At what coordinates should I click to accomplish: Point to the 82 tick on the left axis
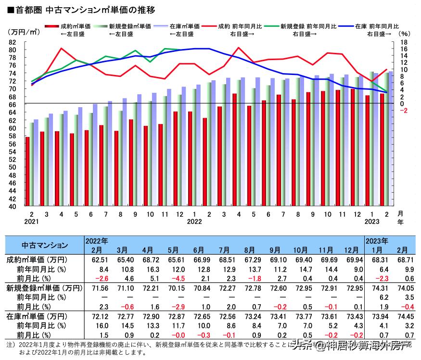13,42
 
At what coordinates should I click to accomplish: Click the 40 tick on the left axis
13,207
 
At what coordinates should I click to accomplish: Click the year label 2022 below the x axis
194,222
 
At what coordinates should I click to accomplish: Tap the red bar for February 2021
27,171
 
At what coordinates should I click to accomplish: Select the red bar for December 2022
352,147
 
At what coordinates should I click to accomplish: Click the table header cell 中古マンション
45,245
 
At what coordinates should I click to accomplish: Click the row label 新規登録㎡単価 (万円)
44,288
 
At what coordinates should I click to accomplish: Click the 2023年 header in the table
378,241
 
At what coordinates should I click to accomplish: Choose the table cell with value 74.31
377,288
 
